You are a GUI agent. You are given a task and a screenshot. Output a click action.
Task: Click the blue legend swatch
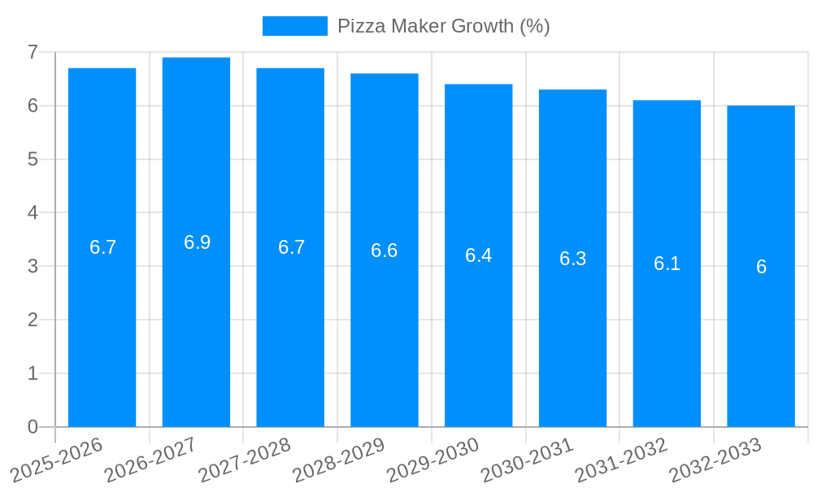click(294, 26)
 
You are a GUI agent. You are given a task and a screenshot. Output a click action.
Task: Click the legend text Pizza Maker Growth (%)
click(444, 26)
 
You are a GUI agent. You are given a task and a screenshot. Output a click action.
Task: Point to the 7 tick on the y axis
click(33, 52)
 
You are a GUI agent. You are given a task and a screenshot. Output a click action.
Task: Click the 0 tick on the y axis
click(33, 427)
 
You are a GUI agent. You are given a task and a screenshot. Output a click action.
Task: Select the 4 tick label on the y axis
click(33, 213)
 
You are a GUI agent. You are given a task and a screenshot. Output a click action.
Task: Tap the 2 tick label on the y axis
click(33, 320)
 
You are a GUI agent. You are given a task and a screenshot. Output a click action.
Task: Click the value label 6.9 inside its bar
click(197, 242)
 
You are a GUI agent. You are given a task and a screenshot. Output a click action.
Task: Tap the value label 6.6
click(385, 251)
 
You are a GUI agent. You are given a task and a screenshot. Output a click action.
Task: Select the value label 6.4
click(478, 255)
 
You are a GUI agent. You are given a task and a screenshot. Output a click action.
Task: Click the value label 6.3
click(572, 259)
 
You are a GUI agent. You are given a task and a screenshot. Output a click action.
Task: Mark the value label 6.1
click(667, 264)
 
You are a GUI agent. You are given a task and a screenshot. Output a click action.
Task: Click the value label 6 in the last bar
click(761, 267)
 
